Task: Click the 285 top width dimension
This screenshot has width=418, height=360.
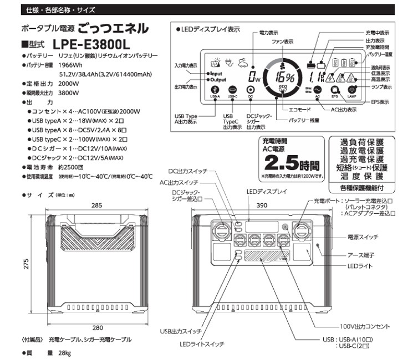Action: [x=97, y=205]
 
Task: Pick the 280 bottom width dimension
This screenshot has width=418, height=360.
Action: [x=97, y=327]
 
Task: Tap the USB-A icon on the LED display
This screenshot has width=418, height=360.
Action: [x=216, y=90]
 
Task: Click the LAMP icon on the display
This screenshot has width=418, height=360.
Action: [x=353, y=90]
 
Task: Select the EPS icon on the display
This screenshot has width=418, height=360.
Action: [x=335, y=90]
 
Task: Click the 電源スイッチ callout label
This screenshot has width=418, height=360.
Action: [x=363, y=236]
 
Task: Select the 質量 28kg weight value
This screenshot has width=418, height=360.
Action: [x=64, y=353]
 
